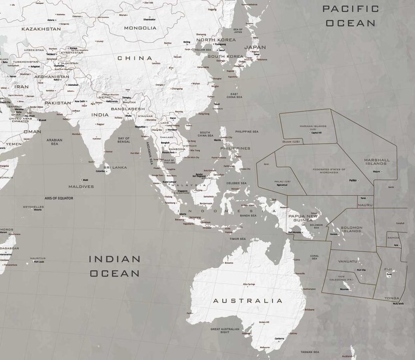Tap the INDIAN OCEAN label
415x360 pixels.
click(x=114, y=265)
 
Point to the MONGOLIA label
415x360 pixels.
click(x=140, y=28)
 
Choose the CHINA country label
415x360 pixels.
click(x=134, y=58)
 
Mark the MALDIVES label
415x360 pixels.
click(x=81, y=186)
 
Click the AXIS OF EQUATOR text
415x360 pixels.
click(x=59, y=199)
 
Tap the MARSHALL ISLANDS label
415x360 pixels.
click(x=377, y=161)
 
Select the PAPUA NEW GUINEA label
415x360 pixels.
click(x=303, y=217)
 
